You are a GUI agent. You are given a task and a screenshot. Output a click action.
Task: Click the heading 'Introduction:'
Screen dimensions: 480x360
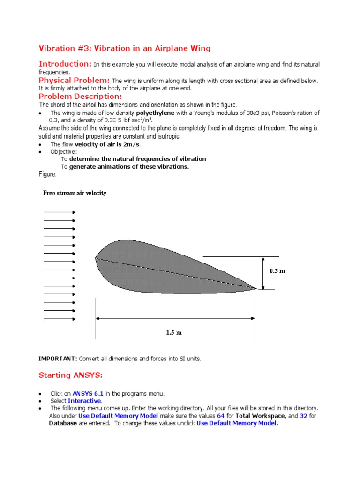[65, 64]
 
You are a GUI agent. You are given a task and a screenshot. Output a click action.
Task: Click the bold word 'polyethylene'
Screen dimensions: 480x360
[155, 113]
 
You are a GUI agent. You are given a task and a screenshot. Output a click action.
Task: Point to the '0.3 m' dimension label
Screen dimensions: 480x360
[277, 271]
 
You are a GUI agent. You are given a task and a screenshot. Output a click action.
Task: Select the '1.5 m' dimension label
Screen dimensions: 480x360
[174, 332]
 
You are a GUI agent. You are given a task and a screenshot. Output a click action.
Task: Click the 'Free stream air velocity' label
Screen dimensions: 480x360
[75, 193]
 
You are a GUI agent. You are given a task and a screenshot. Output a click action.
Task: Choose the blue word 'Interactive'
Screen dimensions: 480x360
[84, 401]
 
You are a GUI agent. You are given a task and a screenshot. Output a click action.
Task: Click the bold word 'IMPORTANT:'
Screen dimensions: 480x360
[58, 359]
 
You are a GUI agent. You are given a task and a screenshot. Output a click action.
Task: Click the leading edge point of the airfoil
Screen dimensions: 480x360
[96, 257]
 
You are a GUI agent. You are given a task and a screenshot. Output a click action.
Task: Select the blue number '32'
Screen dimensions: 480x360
[303, 416]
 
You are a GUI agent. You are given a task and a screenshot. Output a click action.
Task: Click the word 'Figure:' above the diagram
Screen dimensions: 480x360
[47, 174]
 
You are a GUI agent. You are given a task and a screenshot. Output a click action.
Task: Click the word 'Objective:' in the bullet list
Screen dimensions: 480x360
[64, 151]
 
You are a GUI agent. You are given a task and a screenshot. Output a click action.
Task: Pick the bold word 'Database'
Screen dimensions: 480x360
[63, 423]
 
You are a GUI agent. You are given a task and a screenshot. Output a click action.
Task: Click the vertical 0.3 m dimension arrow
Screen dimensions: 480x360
[263, 273]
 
